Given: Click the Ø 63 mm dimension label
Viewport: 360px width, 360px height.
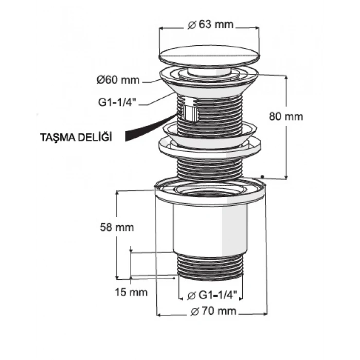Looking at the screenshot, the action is click(x=210, y=24).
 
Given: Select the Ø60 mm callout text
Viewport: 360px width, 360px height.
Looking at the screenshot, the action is click(x=118, y=80).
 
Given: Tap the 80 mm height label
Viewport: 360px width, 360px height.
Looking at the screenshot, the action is click(x=286, y=116).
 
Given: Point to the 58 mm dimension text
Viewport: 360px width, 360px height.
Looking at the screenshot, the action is click(x=117, y=227).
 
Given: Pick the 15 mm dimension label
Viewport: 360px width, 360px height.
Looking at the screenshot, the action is click(x=131, y=292).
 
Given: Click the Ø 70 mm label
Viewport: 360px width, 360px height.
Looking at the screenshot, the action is click(x=213, y=311).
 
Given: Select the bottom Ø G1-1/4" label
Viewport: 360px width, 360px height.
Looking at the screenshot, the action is click(x=212, y=295).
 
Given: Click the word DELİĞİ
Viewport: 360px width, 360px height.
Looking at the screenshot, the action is click(x=95, y=137).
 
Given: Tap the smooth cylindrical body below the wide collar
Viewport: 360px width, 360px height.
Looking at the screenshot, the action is click(x=210, y=229).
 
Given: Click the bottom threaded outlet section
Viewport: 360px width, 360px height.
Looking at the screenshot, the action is click(x=210, y=266).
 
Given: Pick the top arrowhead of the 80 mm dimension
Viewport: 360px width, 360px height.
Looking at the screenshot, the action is click(x=286, y=78).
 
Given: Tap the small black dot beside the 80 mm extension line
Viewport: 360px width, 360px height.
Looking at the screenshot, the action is click(x=262, y=176).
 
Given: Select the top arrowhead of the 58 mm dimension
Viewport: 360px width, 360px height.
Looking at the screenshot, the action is click(x=117, y=193).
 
